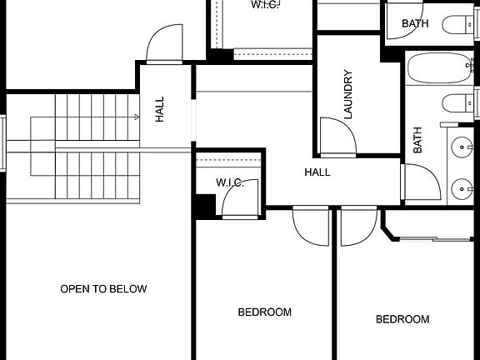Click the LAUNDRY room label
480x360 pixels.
[x=348, y=94]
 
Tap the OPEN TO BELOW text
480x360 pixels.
[x=103, y=289]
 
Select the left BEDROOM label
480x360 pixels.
[x=265, y=312]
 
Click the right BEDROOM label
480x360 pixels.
[x=402, y=319]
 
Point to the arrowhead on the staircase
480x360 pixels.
[x=136, y=118]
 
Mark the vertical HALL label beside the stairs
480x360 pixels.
[x=159, y=109]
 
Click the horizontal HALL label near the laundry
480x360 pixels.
[x=317, y=172]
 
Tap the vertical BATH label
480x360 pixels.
[x=417, y=140]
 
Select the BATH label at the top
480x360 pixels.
[x=415, y=23]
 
